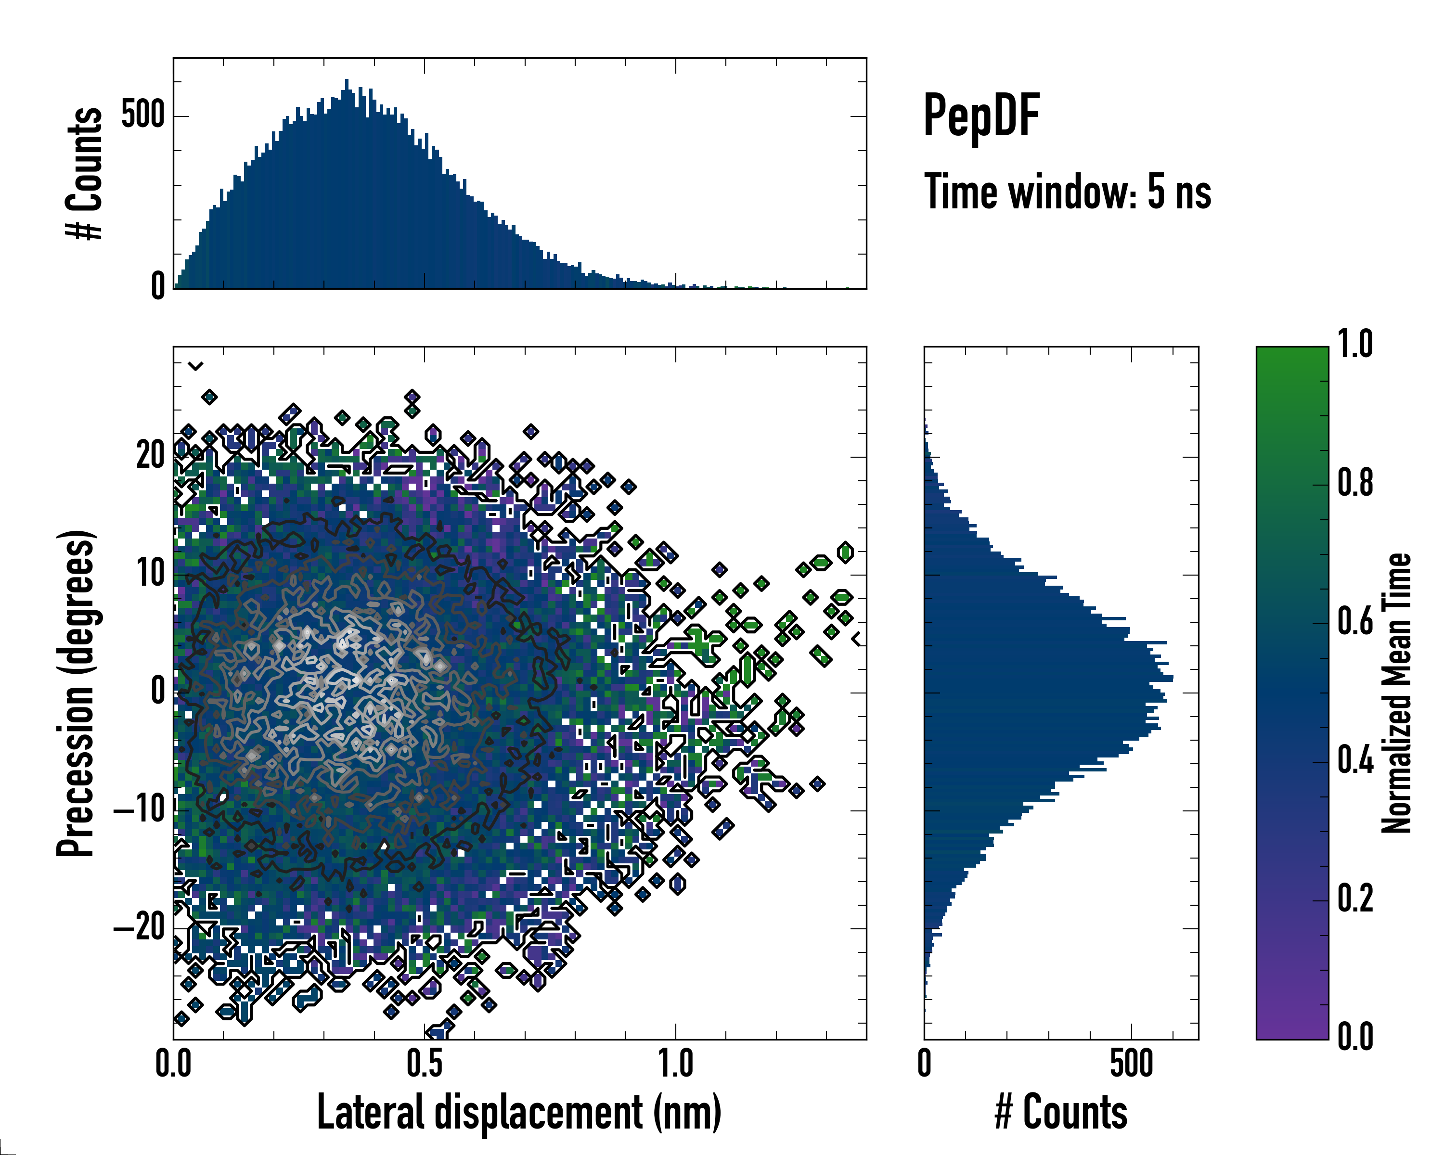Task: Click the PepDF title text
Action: [x=981, y=116]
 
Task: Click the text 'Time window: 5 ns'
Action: [x=1068, y=192]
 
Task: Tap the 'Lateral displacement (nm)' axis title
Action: [x=519, y=1112]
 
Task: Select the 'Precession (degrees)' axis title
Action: [x=76, y=693]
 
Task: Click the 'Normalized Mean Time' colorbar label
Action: [x=1396, y=693]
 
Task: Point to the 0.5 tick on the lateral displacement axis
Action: [x=425, y=1063]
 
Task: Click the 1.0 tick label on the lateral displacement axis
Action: [x=675, y=1063]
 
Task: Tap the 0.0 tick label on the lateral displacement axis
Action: [x=173, y=1063]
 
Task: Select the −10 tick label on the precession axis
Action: [x=140, y=809]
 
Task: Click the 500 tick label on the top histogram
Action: [x=142, y=115]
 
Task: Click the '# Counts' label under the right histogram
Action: [x=1061, y=1112]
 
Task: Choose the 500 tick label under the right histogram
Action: [x=1131, y=1063]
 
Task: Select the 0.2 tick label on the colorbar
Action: [x=1355, y=898]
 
